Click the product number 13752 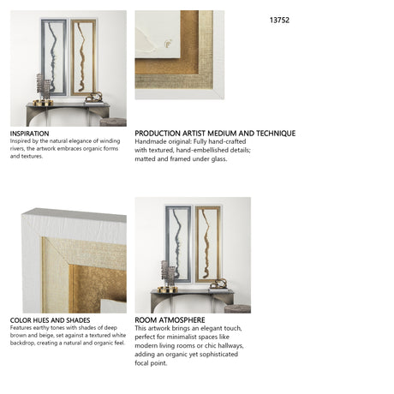279,20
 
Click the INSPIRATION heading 29,134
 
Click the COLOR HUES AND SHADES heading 50,320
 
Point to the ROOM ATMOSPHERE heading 170,320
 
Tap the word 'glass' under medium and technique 218,159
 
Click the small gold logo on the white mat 168,44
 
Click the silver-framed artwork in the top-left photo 54,57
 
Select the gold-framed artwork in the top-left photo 83,57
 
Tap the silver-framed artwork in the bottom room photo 178,244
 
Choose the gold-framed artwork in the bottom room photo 208,244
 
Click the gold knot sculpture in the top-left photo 93,98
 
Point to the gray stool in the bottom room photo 237,308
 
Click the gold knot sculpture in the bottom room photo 218,284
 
